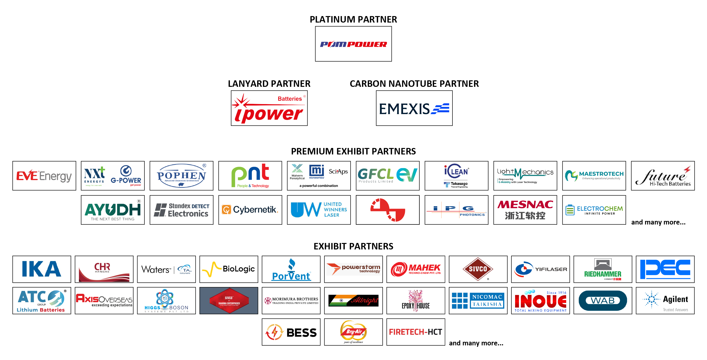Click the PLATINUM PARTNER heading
(353, 19)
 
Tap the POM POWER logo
(353, 44)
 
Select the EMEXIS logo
(414, 108)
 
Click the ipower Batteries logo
(269, 108)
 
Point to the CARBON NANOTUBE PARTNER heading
(414, 84)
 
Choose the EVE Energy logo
(44, 176)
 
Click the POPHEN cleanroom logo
(181, 176)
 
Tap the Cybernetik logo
(250, 210)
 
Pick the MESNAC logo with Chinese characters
(525, 210)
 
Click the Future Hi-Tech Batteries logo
(663, 176)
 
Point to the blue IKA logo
(42, 269)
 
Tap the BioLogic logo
(229, 269)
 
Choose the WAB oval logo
(603, 301)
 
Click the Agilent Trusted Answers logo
(665, 301)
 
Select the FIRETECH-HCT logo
(416, 332)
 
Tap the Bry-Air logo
(353, 332)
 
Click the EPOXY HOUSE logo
(416, 301)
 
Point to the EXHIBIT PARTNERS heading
(353, 246)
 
